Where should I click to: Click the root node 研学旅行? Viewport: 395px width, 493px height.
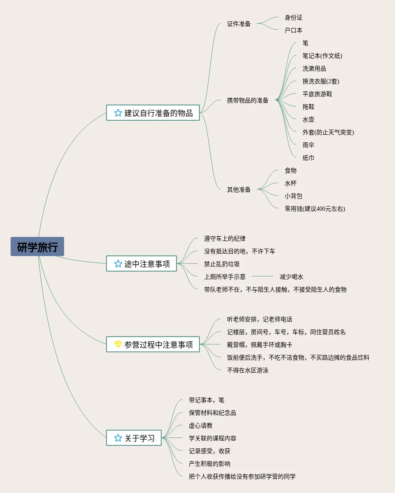(x=37, y=247)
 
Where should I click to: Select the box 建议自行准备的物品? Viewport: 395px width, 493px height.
(x=153, y=113)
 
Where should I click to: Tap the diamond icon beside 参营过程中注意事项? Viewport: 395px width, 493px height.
(x=118, y=344)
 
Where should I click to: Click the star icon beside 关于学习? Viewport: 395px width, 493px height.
(x=118, y=438)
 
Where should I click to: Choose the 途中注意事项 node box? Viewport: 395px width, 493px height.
(x=141, y=264)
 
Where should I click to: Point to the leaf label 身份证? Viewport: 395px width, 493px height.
(x=294, y=18)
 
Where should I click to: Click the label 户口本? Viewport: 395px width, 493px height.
(x=294, y=31)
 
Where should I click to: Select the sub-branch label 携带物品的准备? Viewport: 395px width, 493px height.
(x=248, y=101)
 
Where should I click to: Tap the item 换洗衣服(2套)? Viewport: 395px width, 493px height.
(x=321, y=82)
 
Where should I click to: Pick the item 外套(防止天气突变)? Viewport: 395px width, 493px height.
(x=328, y=133)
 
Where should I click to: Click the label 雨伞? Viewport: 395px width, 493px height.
(x=308, y=145)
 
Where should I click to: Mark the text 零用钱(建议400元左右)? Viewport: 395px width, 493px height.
(x=315, y=209)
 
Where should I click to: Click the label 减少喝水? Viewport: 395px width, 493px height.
(x=291, y=277)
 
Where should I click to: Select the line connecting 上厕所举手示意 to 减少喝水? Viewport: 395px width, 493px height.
(x=263, y=277)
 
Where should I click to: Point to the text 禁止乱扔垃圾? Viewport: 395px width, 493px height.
(x=222, y=264)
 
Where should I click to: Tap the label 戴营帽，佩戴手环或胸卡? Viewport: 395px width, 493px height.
(x=260, y=345)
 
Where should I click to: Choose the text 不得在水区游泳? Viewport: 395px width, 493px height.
(x=248, y=371)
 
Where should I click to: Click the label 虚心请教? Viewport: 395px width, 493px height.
(x=201, y=426)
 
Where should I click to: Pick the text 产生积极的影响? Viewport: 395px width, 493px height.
(x=210, y=464)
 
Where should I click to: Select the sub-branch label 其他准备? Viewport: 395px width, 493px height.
(x=239, y=190)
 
